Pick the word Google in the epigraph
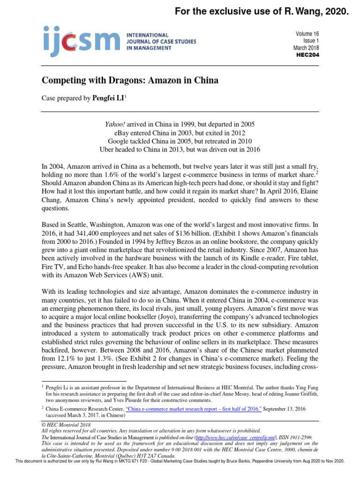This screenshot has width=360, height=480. point(119,141)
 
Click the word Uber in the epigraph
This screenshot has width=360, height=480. point(108,150)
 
